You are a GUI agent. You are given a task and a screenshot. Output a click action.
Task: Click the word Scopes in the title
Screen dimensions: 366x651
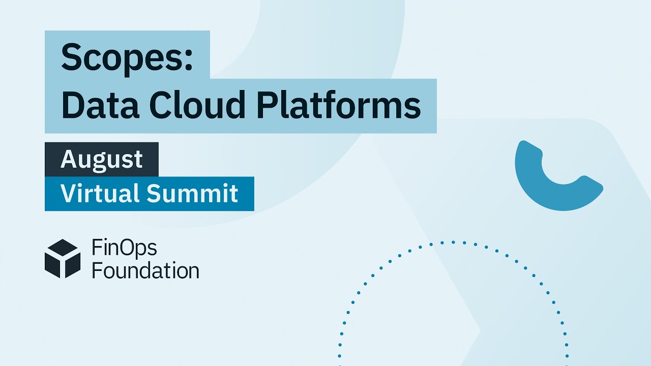pyautogui.click(x=122, y=56)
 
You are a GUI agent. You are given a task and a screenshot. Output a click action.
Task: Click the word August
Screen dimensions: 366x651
pyautogui.click(x=102, y=160)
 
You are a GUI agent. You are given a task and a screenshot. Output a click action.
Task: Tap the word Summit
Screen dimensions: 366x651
pyautogui.click(x=193, y=193)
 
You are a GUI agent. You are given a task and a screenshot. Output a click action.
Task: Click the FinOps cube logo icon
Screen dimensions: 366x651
pyautogui.click(x=63, y=259)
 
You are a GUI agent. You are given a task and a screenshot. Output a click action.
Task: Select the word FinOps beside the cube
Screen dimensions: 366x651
pyautogui.click(x=124, y=249)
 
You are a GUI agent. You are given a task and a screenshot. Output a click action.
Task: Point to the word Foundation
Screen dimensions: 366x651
pyautogui.click(x=145, y=270)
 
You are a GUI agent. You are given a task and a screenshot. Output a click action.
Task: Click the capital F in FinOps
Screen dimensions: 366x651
pyautogui.click(x=96, y=248)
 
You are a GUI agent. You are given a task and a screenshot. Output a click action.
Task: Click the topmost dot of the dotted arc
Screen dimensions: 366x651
pyautogui.click(x=452, y=242)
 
